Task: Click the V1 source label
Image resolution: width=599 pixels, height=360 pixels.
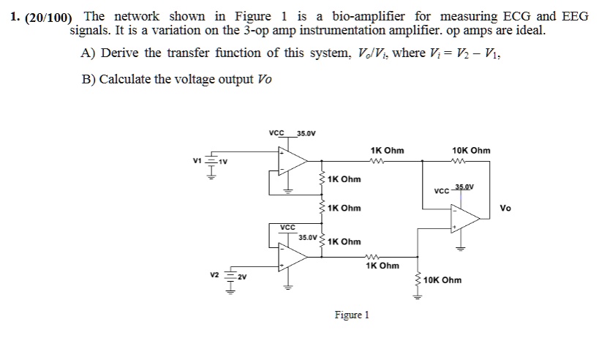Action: pyautogui.click(x=195, y=161)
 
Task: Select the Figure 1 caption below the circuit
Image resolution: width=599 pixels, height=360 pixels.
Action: pyautogui.click(x=351, y=315)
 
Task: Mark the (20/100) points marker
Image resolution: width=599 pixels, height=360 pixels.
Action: pyautogui.click(x=48, y=16)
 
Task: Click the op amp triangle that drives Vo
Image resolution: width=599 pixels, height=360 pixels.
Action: pyautogui.click(x=463, y=216)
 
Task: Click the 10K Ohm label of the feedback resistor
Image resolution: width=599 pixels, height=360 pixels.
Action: pyautogui.click(x=472, y=150)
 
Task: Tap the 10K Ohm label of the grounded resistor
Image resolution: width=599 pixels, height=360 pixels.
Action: pyautogui.click(x=442, y=280)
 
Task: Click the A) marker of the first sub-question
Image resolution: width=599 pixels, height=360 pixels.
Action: pyautogui.click(x=89, y=53)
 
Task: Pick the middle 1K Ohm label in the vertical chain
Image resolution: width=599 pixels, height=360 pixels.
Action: pyautogui.click(x=344, y=208)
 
